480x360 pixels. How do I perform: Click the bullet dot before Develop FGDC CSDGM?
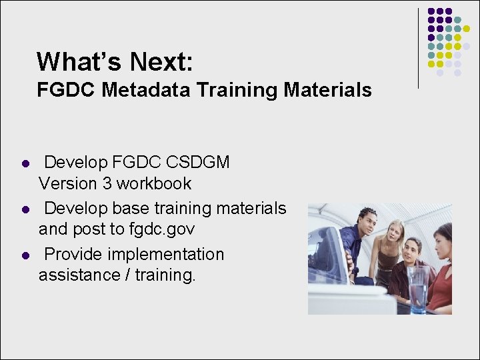(24, 163)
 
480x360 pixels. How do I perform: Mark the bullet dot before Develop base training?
(24, 209)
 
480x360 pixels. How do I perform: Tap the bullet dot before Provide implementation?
(24, 255)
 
